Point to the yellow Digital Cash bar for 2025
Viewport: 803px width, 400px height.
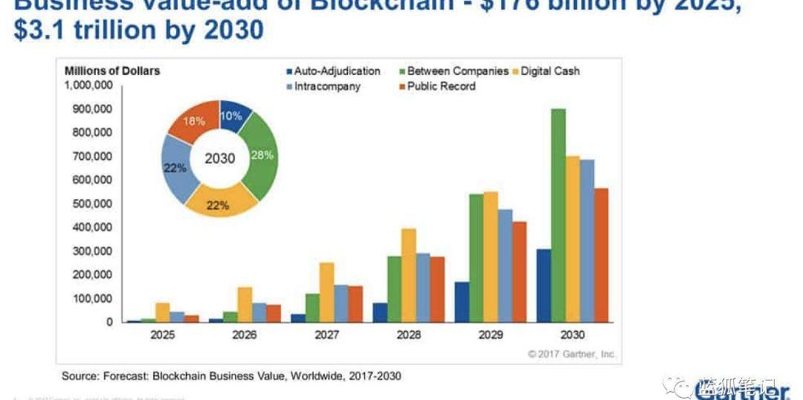(163, 312)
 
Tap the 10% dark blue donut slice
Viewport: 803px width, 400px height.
(232, 116)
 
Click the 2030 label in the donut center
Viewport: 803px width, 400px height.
(219, 158)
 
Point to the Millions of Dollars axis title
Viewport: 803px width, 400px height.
(112, 71)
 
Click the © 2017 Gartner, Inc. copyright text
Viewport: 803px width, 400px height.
(572, 354)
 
